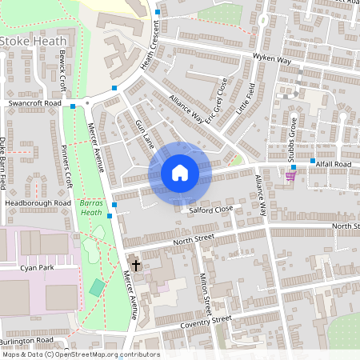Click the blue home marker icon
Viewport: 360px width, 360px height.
tap(179, 173)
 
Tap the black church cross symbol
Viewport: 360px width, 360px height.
tap(136, 265)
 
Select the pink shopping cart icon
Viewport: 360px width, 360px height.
tap(290, 175)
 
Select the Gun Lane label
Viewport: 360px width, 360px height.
tap(144, 133)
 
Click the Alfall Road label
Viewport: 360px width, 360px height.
tap(334, 163)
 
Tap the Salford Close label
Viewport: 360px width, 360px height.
tap(210, 208)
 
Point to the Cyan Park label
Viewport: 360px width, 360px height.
tap(38, 268)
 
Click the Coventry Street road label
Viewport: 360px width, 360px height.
tap(206, 322)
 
